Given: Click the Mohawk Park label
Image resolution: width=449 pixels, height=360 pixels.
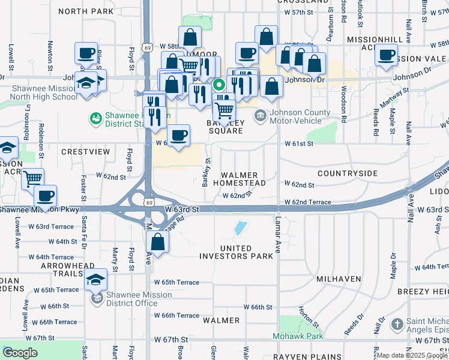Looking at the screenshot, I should (x=298, y=336).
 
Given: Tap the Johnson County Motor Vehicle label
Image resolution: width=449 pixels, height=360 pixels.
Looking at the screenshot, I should (x=300, y=116).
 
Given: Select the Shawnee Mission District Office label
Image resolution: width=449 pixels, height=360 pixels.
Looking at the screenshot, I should (x=139, y=299).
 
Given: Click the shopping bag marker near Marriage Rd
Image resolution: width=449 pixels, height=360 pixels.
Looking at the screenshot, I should (x=158, y=242).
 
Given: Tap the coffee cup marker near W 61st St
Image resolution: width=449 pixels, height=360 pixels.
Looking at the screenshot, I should (x=178, y=136).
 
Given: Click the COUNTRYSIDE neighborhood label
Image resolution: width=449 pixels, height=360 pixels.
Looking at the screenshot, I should (x=348, y=173).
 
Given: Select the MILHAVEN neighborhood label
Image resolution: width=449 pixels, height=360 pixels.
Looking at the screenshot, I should (x=339, y=279).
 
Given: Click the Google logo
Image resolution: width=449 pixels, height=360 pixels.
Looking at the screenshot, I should (x=20, y=352).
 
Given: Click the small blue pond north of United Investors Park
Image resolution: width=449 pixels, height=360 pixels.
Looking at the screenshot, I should (x=240, y=228).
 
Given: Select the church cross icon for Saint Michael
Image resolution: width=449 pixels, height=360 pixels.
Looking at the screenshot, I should (x=396, y=325).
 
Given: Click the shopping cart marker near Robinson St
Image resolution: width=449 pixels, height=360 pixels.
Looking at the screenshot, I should (x=33, y=178).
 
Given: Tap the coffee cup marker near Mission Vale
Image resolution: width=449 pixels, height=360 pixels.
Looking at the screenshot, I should (x=386, y=56).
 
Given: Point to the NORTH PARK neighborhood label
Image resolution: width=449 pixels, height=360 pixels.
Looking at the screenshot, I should (x=86, y=11).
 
